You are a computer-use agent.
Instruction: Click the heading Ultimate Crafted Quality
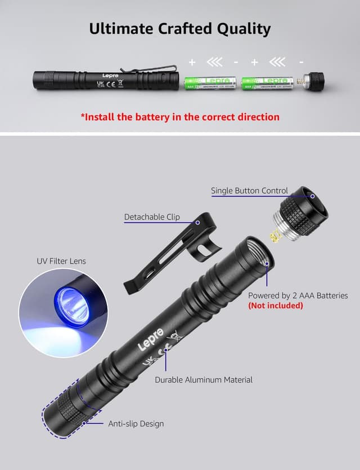(180, 29)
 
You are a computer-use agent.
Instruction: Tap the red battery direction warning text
(180, 117)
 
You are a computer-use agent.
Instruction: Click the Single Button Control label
(249, 191)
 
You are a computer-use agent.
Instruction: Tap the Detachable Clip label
(152, 217)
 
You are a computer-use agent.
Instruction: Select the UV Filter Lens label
(61, 261)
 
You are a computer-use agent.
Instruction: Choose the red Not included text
(276, 306)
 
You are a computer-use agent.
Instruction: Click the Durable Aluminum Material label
(204, 380)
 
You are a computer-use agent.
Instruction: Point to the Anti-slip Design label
(136, 423)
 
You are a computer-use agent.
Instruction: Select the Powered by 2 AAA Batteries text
(298, 296)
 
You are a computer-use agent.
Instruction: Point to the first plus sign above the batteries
(192, 62)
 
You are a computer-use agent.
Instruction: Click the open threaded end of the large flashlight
(259, 253)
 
